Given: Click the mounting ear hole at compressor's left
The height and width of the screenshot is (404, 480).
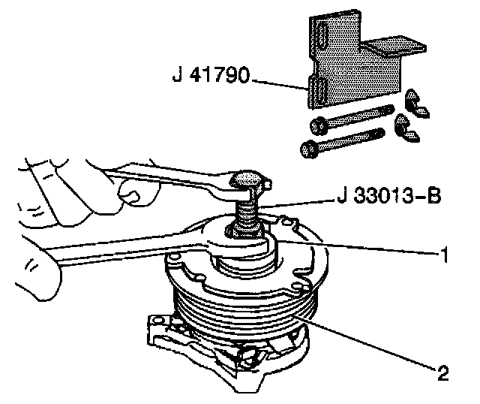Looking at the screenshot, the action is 157,328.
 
